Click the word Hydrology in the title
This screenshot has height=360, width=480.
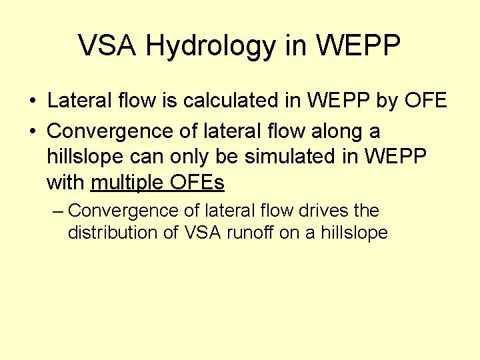point(207,47)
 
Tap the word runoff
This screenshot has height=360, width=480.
point(250,233)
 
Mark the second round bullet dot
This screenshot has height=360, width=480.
point(33,130)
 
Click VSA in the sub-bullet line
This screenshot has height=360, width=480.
point(198,233)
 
